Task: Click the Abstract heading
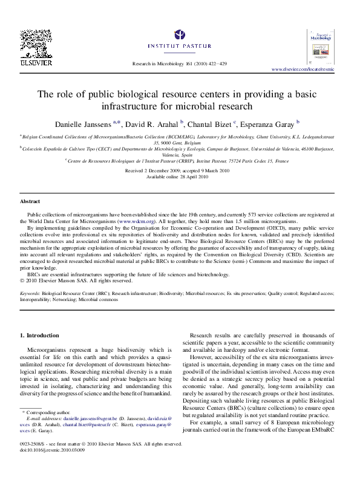[x=30, y=201]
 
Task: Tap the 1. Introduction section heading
[x=40, y=335]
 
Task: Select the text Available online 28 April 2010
[x=180, y=177]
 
